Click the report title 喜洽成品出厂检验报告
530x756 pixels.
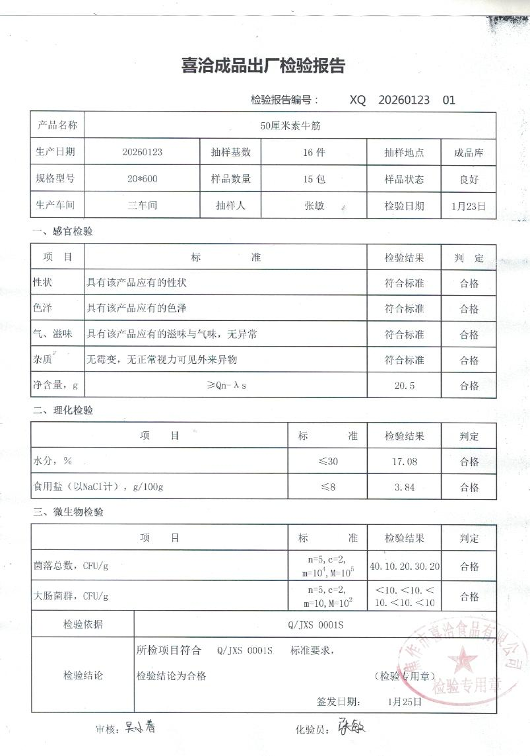[x=263, y=65]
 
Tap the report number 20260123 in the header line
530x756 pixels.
[x=404, y=100]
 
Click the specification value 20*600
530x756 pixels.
[x=142, y=178]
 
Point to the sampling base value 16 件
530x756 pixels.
[x=314, y=152]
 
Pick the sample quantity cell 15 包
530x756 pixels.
[x=314, y=178]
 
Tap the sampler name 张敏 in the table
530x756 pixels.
[x=314, y=205]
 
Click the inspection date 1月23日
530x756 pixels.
[x=469, y=205]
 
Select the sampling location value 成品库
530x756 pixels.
[x=469, y=152]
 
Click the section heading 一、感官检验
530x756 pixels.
[x=63, y=232]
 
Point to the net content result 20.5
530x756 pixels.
[x=404, y=386]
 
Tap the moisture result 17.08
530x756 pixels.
[x=404, y=461]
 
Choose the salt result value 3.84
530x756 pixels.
[x=404, y=487]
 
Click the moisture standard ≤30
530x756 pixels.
[x=328, y=461]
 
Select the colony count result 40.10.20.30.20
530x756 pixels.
[x=405, y=567]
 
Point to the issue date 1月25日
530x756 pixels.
[x=405, y=701]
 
